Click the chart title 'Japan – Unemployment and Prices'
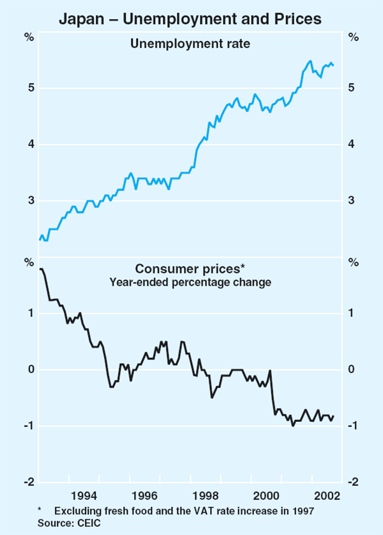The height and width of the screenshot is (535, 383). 190,19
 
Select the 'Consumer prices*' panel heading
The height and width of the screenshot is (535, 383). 190,269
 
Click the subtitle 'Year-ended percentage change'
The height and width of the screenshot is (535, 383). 190,281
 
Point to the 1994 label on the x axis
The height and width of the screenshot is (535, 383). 85,495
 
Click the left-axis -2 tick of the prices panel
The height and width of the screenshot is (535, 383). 28,483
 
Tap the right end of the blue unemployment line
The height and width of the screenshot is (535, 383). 333,65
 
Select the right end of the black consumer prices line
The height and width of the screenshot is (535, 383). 333,416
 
